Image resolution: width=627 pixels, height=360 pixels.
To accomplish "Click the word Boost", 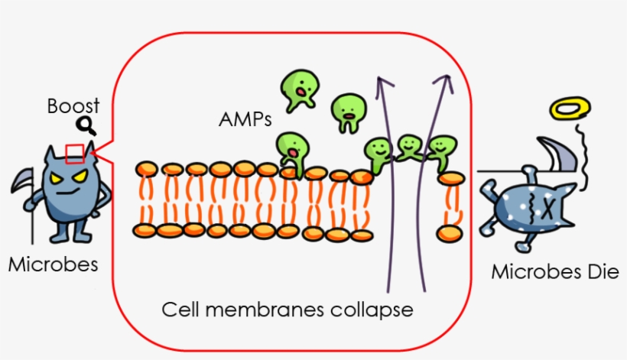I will click(x=73, y=106).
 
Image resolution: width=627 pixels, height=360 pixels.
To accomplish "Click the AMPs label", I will click(x=245, y=119).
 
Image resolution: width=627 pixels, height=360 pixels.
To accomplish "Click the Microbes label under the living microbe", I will click(x=53, y=264).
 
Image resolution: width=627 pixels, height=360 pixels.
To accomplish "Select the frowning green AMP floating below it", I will click(x=348, y=112).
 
